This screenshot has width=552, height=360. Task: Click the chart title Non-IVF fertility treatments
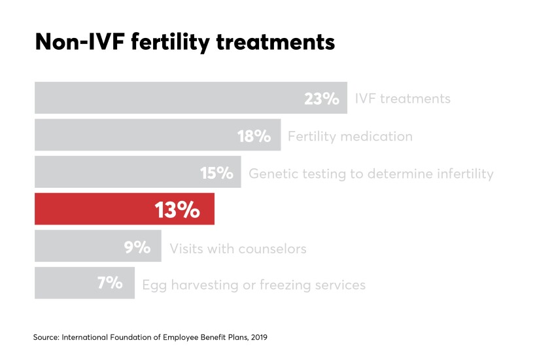pos(184,43)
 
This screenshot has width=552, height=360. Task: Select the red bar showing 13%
pos(124,210)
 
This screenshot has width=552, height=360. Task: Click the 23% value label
pos(321,99)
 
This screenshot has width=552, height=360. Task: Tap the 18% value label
pos(254,136)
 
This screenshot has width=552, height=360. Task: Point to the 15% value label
pos(216,173)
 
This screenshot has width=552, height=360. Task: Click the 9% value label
pos(137,248)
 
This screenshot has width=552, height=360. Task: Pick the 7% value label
pos(110,285)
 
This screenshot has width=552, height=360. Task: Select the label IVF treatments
pos(402,99)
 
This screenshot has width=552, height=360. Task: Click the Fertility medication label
pos(350,137)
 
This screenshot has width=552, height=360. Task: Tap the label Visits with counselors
pos(238,249)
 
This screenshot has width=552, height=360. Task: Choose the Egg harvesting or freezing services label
pos(254,285)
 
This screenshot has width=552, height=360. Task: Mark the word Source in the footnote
pos(45,337)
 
